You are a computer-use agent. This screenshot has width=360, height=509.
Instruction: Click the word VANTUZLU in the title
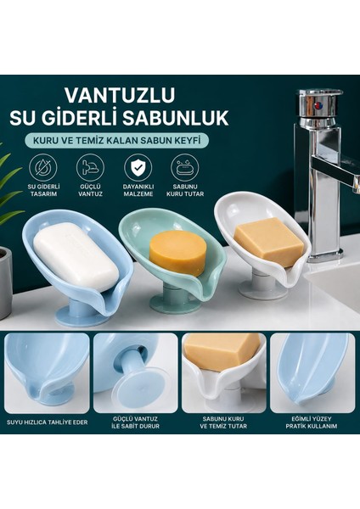click(120, 95)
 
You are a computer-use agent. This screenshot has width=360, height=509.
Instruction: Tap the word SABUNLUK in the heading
click(175, 118)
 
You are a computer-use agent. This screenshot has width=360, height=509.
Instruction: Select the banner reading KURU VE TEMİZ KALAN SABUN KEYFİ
click(116, 141)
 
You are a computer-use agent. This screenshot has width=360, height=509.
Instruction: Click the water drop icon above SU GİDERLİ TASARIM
click(43, 168)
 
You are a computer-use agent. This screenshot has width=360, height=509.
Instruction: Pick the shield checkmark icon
click(138, 168)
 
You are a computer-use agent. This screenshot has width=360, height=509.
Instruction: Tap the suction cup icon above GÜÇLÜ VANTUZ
click(90, 168)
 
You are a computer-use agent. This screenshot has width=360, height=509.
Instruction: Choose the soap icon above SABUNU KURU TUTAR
click(185, 168)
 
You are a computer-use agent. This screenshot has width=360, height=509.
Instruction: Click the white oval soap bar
click(76, 256)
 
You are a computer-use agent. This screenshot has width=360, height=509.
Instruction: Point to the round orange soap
click(177, 253)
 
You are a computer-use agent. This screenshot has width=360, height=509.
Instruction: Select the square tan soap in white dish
click(269, 243)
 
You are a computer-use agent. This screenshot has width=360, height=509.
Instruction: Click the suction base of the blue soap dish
click(82, 316)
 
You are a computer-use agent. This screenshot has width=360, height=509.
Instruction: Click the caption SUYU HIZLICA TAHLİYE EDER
click(47, 422)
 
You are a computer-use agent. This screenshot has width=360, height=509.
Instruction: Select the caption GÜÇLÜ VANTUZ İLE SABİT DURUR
click(136, 422)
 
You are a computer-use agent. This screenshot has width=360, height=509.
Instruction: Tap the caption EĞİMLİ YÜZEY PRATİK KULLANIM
click(312, 422)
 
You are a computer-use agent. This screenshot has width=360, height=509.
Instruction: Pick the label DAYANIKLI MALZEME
click(138, 190)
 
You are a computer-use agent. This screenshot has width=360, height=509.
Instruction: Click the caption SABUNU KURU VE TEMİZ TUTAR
click(223, 422)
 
